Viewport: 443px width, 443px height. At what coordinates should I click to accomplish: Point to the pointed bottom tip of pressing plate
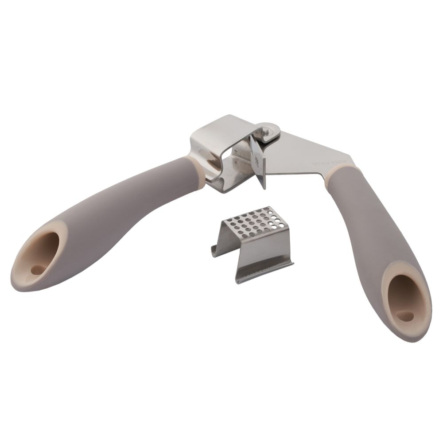[264, 187]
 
